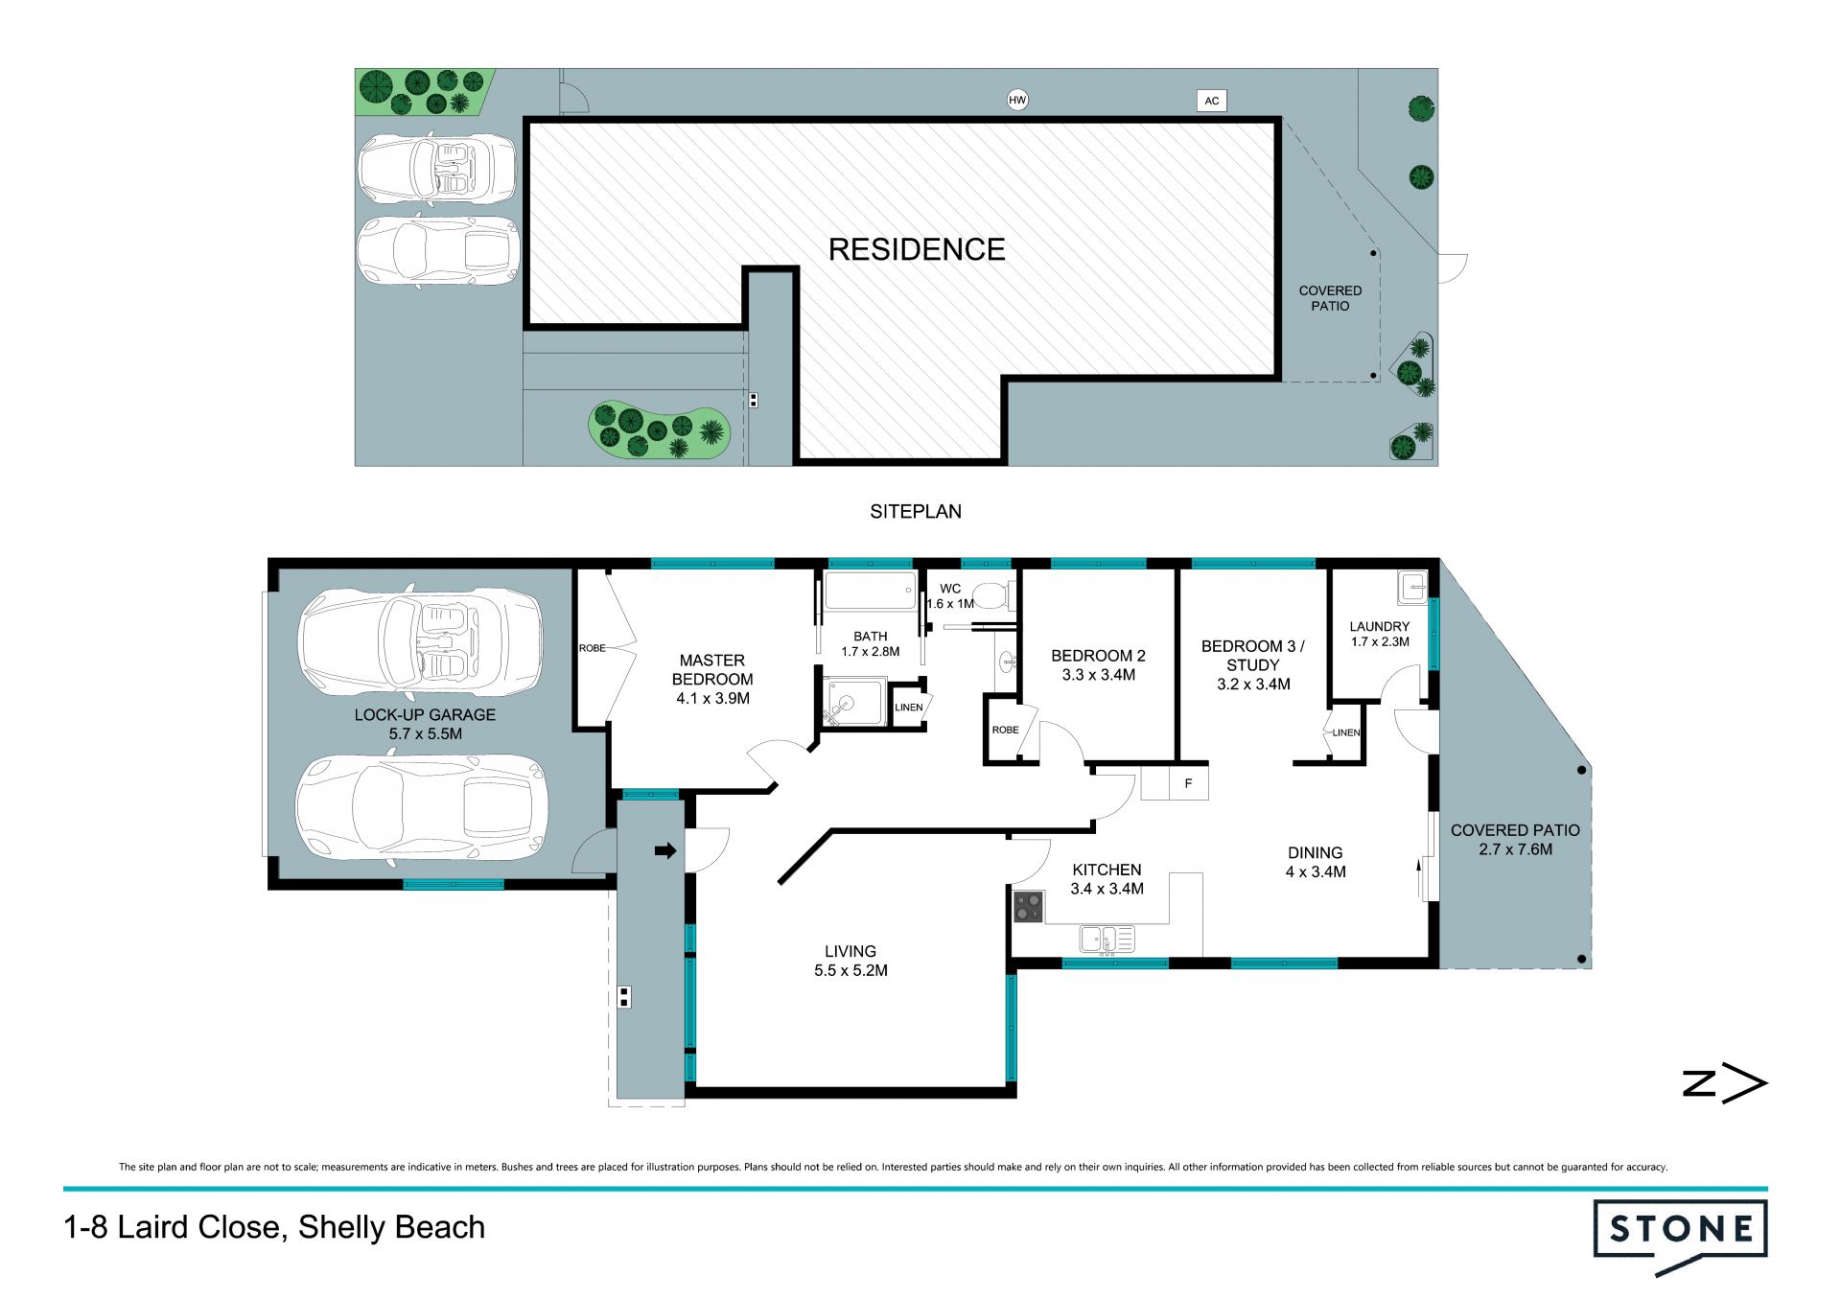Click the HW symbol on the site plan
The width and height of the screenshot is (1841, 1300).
tap(1017, 100)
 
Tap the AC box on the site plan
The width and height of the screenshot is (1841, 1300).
tap(1212, 101)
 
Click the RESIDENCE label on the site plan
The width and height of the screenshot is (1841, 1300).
tap(917, 249)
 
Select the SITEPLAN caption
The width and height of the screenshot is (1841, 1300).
tap(916, 512)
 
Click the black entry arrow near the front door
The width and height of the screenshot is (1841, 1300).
tap(665, 850)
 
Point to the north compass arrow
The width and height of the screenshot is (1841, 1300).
tap(1725, 1084)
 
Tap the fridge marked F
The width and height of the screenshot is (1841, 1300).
tap(1188, 782)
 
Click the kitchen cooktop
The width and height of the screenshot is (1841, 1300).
tap(1029, 907)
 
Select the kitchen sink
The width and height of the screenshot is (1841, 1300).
tap(1107, 939)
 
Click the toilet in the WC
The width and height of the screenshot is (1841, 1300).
tap(993, 595)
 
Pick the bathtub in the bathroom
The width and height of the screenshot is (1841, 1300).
tap(871, 592)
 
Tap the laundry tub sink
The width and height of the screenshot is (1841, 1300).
tap(1412, 587)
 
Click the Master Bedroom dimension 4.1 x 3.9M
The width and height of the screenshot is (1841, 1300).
tap(713, 698)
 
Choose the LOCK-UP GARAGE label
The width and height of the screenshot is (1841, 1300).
tap(425, 715)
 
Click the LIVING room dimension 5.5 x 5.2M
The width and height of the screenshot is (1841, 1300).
tap(851, 970)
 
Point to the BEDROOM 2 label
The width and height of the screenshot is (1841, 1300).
tap(1098, 656)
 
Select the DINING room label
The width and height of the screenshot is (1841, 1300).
tap(1315, 853)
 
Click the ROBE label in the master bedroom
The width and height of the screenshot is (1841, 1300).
tap(593, 648)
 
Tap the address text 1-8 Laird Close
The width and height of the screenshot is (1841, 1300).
tap(172, 1227)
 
